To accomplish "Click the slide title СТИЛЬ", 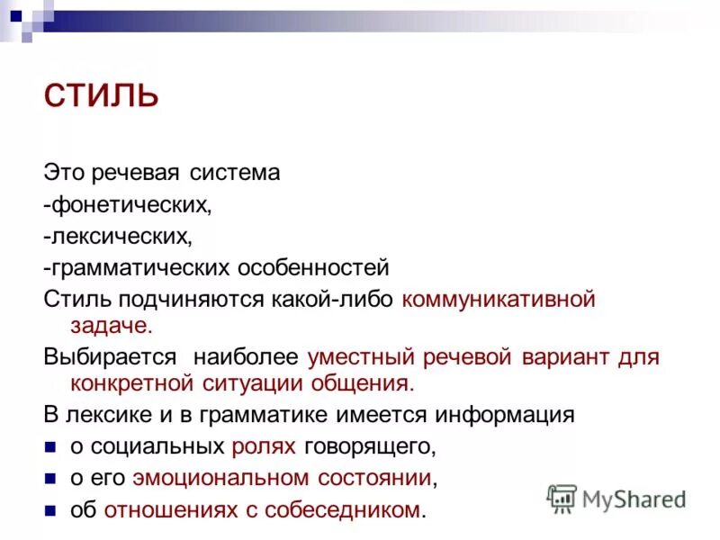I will pyautogui.click(x=101, y=95).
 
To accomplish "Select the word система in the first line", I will pyautogui.click(x=236, y=173).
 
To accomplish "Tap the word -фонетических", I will pyautogui.click(x=128, y=205).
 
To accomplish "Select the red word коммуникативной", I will pyautogui.click(x=499, y=300).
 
